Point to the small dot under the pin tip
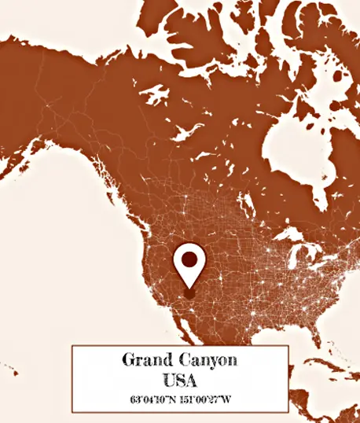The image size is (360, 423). [189, 294]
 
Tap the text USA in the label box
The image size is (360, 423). [180, 380]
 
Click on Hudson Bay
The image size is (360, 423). [287, 149]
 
